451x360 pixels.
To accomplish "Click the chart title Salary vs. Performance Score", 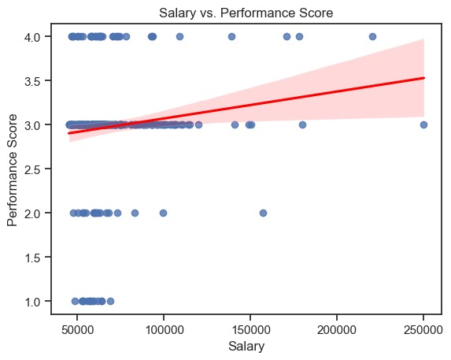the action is pyautogui.click(x=246, y=13).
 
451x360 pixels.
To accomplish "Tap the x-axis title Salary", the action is pyautogui.click(x=246, y=347).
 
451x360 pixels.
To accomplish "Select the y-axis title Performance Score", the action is pyautogui.click(x=12, y=170).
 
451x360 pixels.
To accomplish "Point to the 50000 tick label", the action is pyautogui.click(x=77, y=330).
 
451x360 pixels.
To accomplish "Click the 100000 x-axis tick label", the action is pyautogui.click(x=164, y=330).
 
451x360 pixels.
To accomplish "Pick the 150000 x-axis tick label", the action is pyautogui.click(x=250, y=330).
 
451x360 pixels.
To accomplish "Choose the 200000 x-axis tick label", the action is pyautogui.click(x=337, y=330).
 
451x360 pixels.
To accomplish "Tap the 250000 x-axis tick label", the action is pyautogui.click(x=423, y=330).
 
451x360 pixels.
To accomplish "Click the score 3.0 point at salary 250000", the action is pyautogui.click(x=423, y=125).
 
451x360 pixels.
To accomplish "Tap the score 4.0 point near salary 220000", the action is pyautogui.click(x=372, y=36).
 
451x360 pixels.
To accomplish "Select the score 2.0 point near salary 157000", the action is pyautogui.click(x=263, y=213).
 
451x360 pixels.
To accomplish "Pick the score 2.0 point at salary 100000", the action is pyautogui.click(x=163, y=213).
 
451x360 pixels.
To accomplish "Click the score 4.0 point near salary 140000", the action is pyautogui.click(x=231, y=36).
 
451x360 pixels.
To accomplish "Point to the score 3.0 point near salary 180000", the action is pyautogui.click(x=302, y=125).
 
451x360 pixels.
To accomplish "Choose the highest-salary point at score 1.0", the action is pyautogui.click(x=110, y=301).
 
